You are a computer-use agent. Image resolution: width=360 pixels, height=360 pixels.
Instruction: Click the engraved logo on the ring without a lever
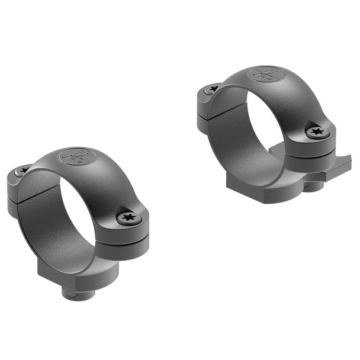click(x=76, y=157)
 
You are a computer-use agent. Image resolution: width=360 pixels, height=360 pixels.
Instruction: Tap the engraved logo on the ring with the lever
click(x=265, y=75)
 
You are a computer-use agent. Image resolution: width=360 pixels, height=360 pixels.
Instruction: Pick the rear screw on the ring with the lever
click(x=212, y=89)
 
